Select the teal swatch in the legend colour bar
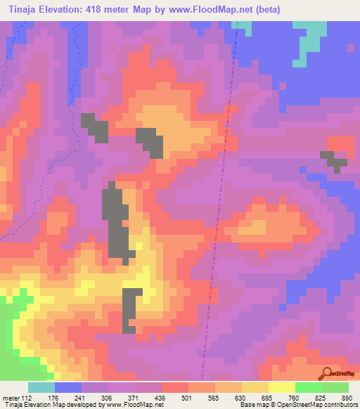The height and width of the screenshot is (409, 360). [41, 387]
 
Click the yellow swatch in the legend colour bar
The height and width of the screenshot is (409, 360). [282, 387]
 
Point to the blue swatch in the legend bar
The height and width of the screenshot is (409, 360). [68, 387]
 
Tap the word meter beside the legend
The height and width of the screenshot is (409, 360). [12, 397]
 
